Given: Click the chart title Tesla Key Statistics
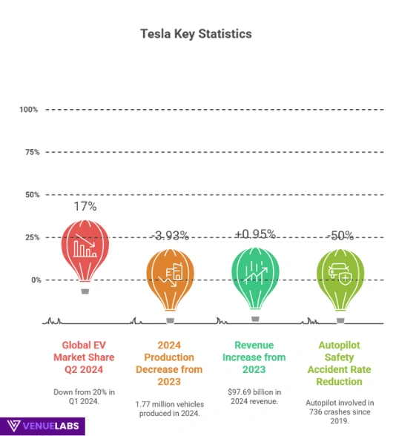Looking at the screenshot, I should click(197, 34).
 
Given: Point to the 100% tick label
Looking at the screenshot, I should click(29, 110).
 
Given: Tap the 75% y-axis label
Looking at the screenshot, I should click(31, 152).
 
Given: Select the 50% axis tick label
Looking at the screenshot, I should click(31, 195).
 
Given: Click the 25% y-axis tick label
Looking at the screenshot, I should click(31, 237).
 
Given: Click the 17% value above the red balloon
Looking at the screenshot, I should click(85, 205).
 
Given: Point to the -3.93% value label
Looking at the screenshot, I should click(170, 236).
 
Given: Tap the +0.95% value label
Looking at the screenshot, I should click(255, 234).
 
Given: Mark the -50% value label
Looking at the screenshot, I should click(340, 236).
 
